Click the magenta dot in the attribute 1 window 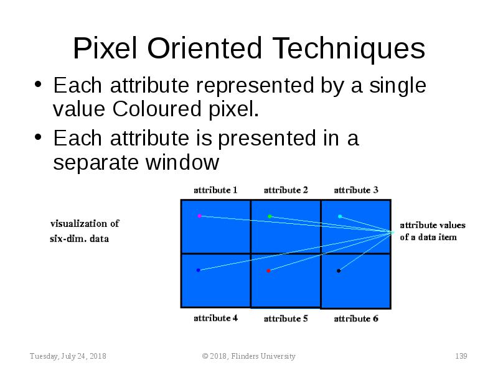tap(199, 216)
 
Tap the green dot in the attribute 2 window tap(270, 216)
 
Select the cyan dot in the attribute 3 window tap(340, 216)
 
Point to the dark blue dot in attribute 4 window tap(198, 270)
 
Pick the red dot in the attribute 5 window tap(268, 270)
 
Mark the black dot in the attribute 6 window tap(339, 270)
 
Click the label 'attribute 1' tap(215, 190)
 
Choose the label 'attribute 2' tap(286, 190)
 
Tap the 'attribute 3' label tap(356, 190)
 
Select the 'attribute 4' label tap(215, 318)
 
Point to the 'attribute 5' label tap(286, 318)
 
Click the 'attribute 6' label tap(356, 318)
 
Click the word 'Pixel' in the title tap(105, 48)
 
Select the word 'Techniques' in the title tap(349, 50)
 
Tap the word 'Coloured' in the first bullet tap(157, 109)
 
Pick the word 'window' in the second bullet tap(182, 162)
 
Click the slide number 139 tap(461, 356)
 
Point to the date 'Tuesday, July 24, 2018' tap(68, 356)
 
